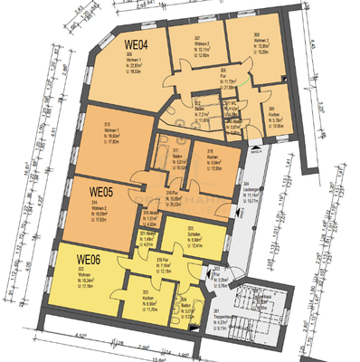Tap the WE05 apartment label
point(102,192)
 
